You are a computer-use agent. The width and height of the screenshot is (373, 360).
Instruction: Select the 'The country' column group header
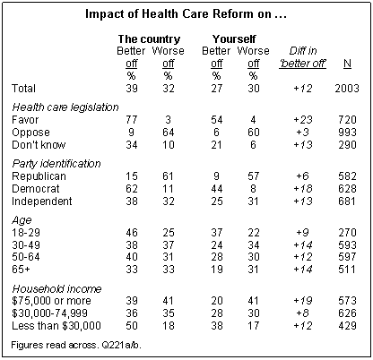pyautogui.click(x=150, y=39)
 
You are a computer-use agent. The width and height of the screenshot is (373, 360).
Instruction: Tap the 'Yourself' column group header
pyautogui.click(x=234, y=39)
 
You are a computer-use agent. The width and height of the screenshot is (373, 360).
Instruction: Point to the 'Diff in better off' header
pyautogui.click(x=302, y=57)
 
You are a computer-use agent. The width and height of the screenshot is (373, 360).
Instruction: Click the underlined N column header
pyautogui.click(x=347, y=64)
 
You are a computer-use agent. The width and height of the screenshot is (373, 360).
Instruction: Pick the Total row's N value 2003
pyautogui.click(x=347, y=89)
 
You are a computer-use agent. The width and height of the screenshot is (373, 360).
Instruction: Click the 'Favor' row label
pyautogui.click(x=25, y=120)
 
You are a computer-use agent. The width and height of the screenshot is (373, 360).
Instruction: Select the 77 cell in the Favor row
pyautogui.click(x=132, y=120)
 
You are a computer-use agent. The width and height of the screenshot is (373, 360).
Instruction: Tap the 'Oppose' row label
pyautogui.click(x=30, y=133)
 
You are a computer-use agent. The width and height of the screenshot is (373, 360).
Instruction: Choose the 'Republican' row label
pyautogui.click(x=39, y=176)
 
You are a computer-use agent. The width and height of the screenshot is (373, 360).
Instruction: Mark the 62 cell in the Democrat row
pyautogui.click(x=132, y=189)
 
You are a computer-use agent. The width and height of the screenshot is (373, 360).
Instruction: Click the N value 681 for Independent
pyautogui.click(x=347, y=201)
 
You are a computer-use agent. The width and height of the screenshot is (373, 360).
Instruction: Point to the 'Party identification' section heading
pyautogui.click(x=56, y=164)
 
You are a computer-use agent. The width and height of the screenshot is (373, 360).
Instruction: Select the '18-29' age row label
pyautogui.click(x=26, y=233)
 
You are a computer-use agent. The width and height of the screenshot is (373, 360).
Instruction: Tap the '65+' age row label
pyautogui.click(x=21, y=270)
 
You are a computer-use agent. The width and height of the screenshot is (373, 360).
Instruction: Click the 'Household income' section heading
pyautogui.click(x=56, y=289)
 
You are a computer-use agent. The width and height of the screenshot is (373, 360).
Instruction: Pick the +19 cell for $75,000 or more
pyautogui.click(x=303, y=301)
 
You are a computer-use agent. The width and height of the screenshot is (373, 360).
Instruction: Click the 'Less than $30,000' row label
pyautogui.click(x=56, y=326)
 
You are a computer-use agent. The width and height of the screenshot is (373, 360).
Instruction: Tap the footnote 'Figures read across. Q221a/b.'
pyautogui.click(x=76, y=345)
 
